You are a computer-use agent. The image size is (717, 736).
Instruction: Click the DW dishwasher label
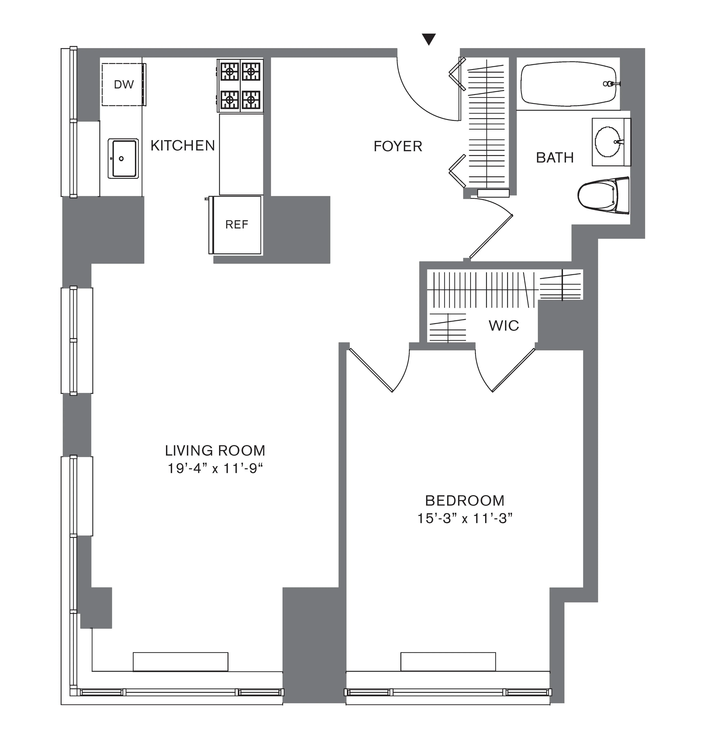[124, 84]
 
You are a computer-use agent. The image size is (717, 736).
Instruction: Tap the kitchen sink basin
[123, 159]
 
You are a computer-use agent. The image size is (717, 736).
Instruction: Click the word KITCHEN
[183, 145]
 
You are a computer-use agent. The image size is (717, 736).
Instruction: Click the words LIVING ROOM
[215, 450]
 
